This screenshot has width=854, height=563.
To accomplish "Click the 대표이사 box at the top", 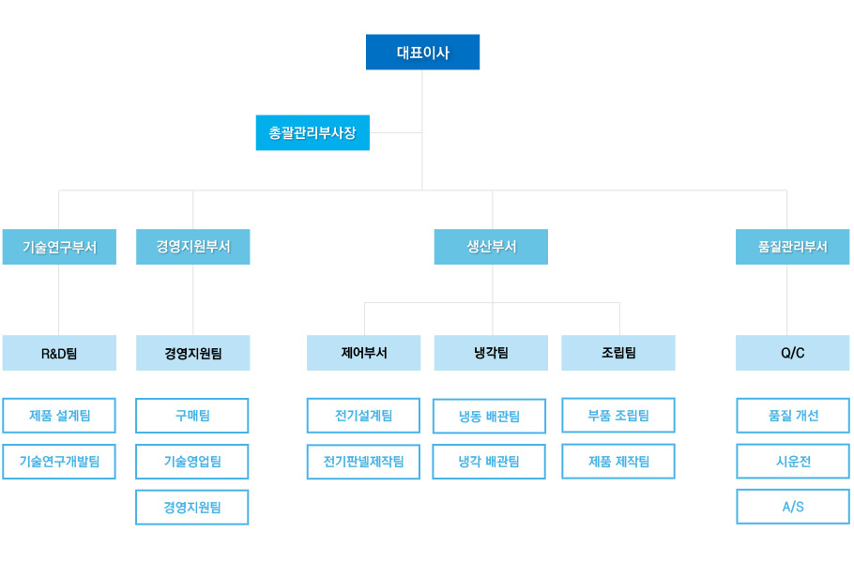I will (x=422, y=53).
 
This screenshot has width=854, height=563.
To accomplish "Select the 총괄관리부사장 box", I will (x=313, y=132).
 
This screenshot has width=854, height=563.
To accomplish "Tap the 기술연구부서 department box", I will (x=59, y=247).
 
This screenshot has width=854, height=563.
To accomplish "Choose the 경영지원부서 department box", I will (x=192, y=247).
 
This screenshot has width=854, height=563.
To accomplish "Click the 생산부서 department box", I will (x=491, y=247).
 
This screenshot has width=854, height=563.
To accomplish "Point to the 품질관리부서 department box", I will (x=792, y=247).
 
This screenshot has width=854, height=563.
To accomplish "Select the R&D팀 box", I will (x=59, y=353).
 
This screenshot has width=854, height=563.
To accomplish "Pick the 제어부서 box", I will (x=363, y=353).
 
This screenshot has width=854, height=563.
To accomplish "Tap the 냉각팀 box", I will (x=491, y=353).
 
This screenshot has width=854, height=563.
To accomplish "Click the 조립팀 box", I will (x=618, y=353).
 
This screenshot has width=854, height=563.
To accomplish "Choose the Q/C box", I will (x=792, y=353).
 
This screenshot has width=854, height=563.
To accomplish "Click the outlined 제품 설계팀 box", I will (x=59, y=415).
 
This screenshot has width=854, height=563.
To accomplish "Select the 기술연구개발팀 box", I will (x=59, y=461).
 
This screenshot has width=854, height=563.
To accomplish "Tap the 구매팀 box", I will (x=192, y=415).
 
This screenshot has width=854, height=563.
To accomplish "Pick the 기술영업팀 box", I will (x=192, y=461).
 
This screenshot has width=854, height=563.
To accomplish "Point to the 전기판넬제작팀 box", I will (x=363, y=461).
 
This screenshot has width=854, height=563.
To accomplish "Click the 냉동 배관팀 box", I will (x=489, y=416).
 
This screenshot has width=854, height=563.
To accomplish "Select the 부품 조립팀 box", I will (x=618, y=415).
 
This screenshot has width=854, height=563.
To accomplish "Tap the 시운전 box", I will (x=792, y=461).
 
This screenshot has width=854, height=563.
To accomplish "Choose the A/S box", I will (x=792, y=507).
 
